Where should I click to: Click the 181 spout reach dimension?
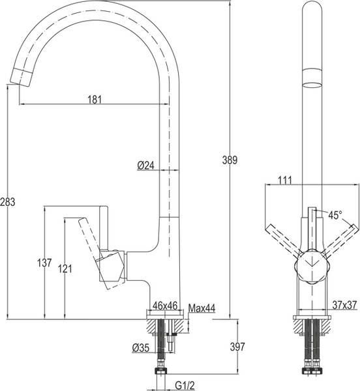click(95, 100)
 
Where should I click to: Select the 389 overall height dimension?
click(230, 160)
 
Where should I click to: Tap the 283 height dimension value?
click(7, 202)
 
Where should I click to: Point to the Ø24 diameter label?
click(146, 166)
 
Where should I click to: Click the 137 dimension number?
click(44, 263)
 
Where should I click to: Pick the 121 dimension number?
click(65, 268)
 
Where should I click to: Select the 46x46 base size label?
click(165, 305)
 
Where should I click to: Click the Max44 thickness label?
click(202, 308)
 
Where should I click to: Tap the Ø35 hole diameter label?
click(141, 347)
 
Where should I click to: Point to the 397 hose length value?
click(237, 347)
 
